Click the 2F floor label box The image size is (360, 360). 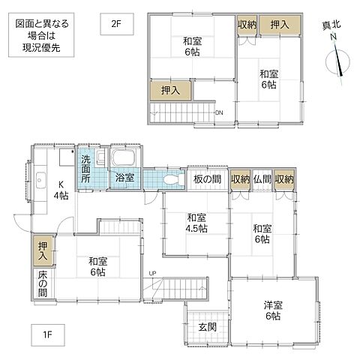(115, 23)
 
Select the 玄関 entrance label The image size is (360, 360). (208, 327)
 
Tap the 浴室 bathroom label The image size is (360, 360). (124, 178)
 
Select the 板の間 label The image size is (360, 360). (205, 179)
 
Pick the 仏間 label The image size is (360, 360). (262, 179)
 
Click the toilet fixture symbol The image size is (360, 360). (169, 180)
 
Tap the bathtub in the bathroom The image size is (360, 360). (123, 159)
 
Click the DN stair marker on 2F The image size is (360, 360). (218, 113)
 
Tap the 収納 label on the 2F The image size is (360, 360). (247, 25)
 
